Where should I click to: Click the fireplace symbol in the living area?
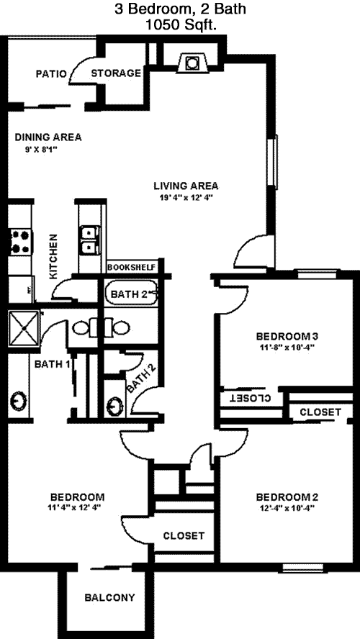click(192, 63)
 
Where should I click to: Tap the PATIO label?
click(51, 74)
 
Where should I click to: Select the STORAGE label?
click(116, 73)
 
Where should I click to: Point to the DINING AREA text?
click(48, 137)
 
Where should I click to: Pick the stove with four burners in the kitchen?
click(20, 242)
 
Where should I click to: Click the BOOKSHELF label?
click(131, 268)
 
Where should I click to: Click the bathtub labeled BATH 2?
click(131, 293)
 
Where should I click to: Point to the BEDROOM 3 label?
click(287, 337)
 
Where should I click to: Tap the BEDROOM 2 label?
click(287, 497)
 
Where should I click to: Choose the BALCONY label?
click(109, 598)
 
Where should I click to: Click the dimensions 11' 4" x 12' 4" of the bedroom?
click(73, 507)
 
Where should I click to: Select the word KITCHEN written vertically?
click(53, 256)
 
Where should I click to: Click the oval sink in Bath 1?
click(18, 400)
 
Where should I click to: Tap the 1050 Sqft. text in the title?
click(181, 25)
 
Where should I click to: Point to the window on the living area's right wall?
click(274, 160)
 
